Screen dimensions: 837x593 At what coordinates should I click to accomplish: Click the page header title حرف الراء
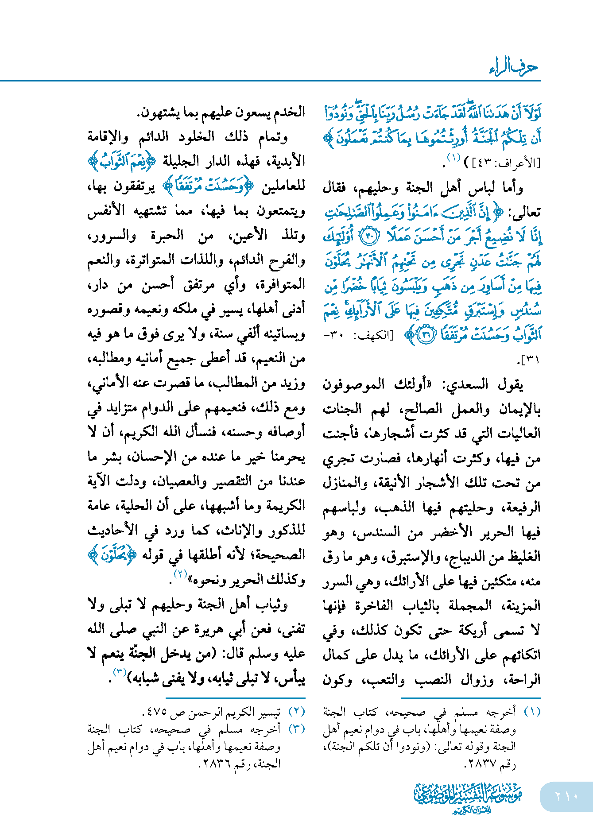[x=514, y=67]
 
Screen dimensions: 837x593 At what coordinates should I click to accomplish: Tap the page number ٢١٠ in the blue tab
[x=566, y=796]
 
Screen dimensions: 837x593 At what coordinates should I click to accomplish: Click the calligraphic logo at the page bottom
[x=468, y=798]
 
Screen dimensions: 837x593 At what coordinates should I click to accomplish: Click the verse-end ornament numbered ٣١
[x=426, y=335]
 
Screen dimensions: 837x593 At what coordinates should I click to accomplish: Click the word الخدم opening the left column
[x=290, y=112]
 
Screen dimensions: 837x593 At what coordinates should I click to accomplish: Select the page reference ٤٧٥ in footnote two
[x=156, y=713]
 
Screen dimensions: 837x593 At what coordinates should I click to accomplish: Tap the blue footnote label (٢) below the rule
[x=297, y=712]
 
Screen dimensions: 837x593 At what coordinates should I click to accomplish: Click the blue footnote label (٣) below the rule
[x=297, y=729]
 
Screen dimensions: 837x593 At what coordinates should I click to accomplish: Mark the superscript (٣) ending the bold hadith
[x=120, y=672]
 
